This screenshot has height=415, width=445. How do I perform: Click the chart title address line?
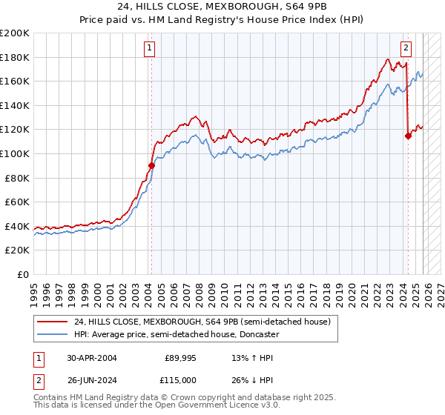point(222,7)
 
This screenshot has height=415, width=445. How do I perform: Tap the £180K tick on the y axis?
point(16,57)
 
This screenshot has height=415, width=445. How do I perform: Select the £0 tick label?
point(24,274)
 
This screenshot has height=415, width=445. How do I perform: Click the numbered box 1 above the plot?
point(151,48)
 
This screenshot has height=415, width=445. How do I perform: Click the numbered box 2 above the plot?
point(406,48)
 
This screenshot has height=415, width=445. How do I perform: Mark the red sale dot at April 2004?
point(151,166)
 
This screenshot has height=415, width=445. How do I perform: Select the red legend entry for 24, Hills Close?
point(206,322)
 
